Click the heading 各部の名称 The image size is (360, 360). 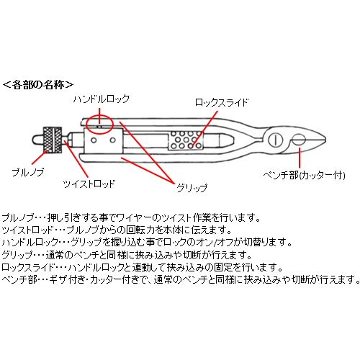pos(38,85)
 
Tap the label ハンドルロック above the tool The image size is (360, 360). pos(102,99)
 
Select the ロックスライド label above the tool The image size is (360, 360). pos(221,102)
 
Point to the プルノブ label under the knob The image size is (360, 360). pos(28,172)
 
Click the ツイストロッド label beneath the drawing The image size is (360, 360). pos(89,184)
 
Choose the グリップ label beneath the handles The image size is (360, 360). pos(192,187)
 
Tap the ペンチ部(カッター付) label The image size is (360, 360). pos(304,176)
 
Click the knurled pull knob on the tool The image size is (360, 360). pos(53,140)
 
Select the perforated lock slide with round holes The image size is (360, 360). pos(185,140)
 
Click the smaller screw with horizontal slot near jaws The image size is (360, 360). pos(299,140)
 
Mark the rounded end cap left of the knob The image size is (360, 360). pos(37,140)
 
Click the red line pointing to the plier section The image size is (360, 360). pos(300,158)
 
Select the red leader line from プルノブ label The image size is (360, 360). pos(39,157)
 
